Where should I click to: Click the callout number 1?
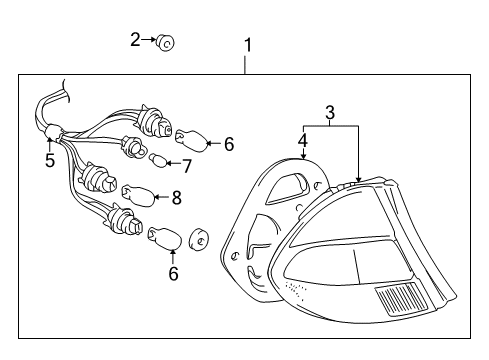(247, 45)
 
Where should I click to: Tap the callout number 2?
(135, 40)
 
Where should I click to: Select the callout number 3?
(329, 113)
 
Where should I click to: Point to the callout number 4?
(303, 141)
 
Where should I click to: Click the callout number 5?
(50, 160)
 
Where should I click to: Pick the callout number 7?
(186, 166)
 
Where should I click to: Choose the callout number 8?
(177, 197)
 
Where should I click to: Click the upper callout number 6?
(229, 144)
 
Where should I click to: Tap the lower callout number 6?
(173, 274)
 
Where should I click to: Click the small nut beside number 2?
(165, 42)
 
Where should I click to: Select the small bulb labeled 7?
(158, 160)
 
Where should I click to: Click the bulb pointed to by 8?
(139, 196)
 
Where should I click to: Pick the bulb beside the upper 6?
(191, 140)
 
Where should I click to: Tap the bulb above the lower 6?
(165, 238)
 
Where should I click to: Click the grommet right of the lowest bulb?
(199, 239)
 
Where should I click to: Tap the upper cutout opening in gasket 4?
(289, 188)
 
